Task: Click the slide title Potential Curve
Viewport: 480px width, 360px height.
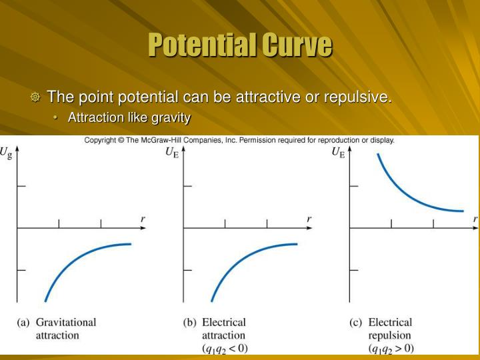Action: coord(240,45)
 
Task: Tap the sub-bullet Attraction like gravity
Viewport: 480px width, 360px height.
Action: coord(129,118)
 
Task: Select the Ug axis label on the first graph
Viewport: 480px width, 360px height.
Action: coord(7,153)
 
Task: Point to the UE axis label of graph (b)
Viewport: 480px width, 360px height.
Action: coord(171,153)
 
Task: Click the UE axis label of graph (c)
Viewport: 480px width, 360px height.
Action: coord(338,153)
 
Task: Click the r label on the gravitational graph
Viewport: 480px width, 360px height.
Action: coord(143,219)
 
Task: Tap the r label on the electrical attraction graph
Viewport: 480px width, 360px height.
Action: coord(309,219)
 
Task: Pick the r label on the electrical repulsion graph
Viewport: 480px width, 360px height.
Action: coord(475,219)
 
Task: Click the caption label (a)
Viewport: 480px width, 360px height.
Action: coord(23,322)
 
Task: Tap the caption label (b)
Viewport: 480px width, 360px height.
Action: coord(190,322)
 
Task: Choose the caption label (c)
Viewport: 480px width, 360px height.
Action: coord(356,322)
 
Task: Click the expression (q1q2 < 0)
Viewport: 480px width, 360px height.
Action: coord(225,348)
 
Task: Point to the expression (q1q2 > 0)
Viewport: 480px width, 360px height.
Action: coord(391,348)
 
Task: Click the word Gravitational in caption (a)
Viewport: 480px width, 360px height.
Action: coord(66,322)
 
